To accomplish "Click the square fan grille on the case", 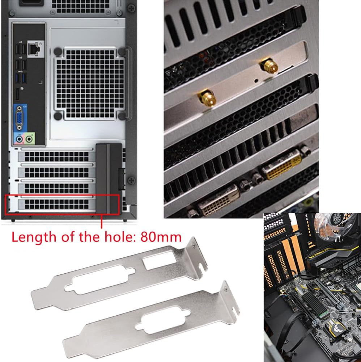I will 89,83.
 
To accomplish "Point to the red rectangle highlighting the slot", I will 61,205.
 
